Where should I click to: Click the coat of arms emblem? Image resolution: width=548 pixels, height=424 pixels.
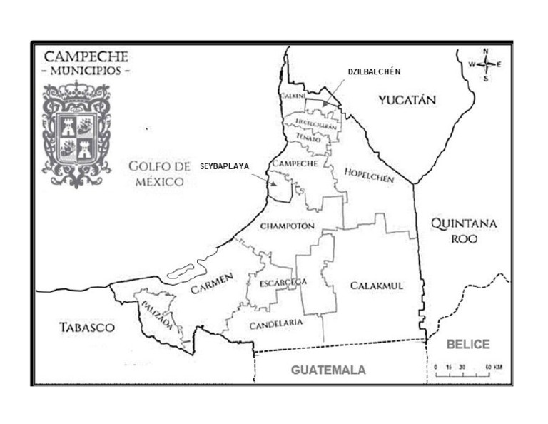(x=76, y=133)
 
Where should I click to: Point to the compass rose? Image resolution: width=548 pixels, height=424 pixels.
(x=485, y=64)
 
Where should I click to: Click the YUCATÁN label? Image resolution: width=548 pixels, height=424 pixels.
(x=407, y=100)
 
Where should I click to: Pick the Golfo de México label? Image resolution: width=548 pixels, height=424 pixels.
(x=159, y=173)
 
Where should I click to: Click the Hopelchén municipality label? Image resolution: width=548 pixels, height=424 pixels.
(x=369, y=176)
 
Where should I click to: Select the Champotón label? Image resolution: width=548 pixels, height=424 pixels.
(x=288, y=226)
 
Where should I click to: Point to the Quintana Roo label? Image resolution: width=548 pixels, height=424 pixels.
(x=464, y=231)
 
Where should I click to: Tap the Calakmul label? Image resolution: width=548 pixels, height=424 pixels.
(x=377, y=286)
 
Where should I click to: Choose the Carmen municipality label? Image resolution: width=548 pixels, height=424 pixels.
(x=212, y=286)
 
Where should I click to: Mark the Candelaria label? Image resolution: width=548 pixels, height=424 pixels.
(x=276, y=325)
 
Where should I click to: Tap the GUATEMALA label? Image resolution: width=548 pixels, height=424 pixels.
(x=328, y=370)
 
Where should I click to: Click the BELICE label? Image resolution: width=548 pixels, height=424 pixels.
(x=468, y=345)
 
